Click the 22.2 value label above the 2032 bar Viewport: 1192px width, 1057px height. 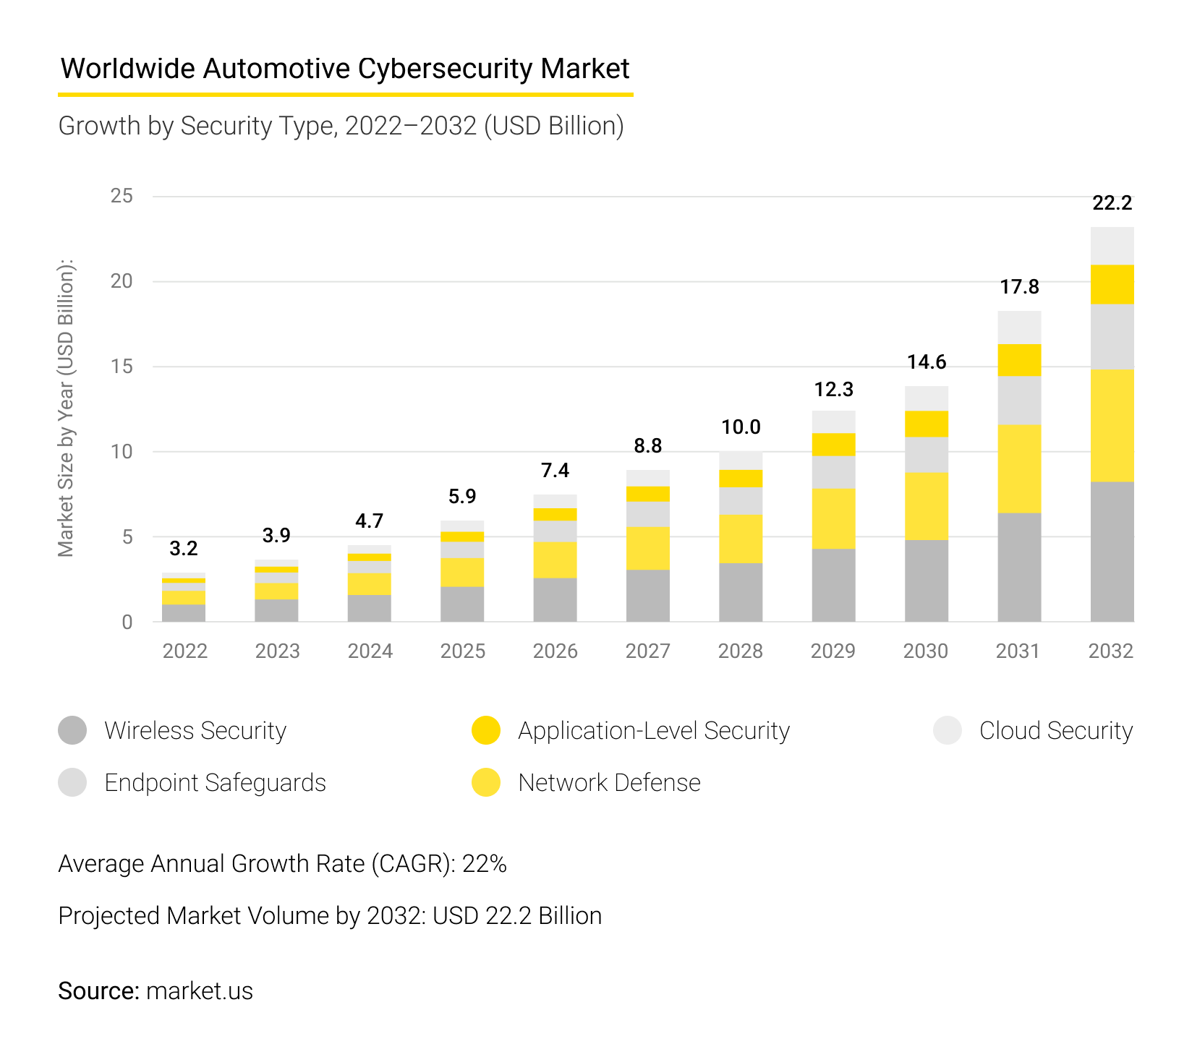click(x=1112, y=203)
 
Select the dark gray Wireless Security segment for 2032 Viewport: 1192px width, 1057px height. click(x=1112, y=551)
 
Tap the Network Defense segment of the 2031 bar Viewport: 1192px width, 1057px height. click(x=1019, y=468)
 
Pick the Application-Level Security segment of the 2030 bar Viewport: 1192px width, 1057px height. click(x=927, y=424)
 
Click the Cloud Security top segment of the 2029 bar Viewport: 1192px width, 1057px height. click(x=833, y=421)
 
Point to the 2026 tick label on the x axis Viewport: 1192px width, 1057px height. click(x=555, y=651)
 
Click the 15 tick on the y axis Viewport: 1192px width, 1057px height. click(x=122, y=367)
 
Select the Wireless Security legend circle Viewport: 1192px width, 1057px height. click(x=72, y=730)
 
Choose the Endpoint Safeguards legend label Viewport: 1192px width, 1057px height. click(x=215, y=782)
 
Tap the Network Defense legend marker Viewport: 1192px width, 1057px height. click(x=486, y=782)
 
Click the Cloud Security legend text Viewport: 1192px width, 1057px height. click(x=1055, y=730)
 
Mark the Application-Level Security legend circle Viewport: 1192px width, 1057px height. click(x=486, y=730)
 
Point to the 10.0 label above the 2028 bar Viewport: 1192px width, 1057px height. click(x=741, y=427)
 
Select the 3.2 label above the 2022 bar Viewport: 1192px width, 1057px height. click(x=184, y=549)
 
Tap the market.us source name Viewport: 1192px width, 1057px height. click(x=200, y=990)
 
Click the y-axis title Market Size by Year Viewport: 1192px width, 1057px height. click(x=66, y=408)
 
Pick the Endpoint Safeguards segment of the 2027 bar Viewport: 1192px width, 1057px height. click(x=648, y=514)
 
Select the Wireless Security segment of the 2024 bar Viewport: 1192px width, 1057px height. click(x=370, y=608)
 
